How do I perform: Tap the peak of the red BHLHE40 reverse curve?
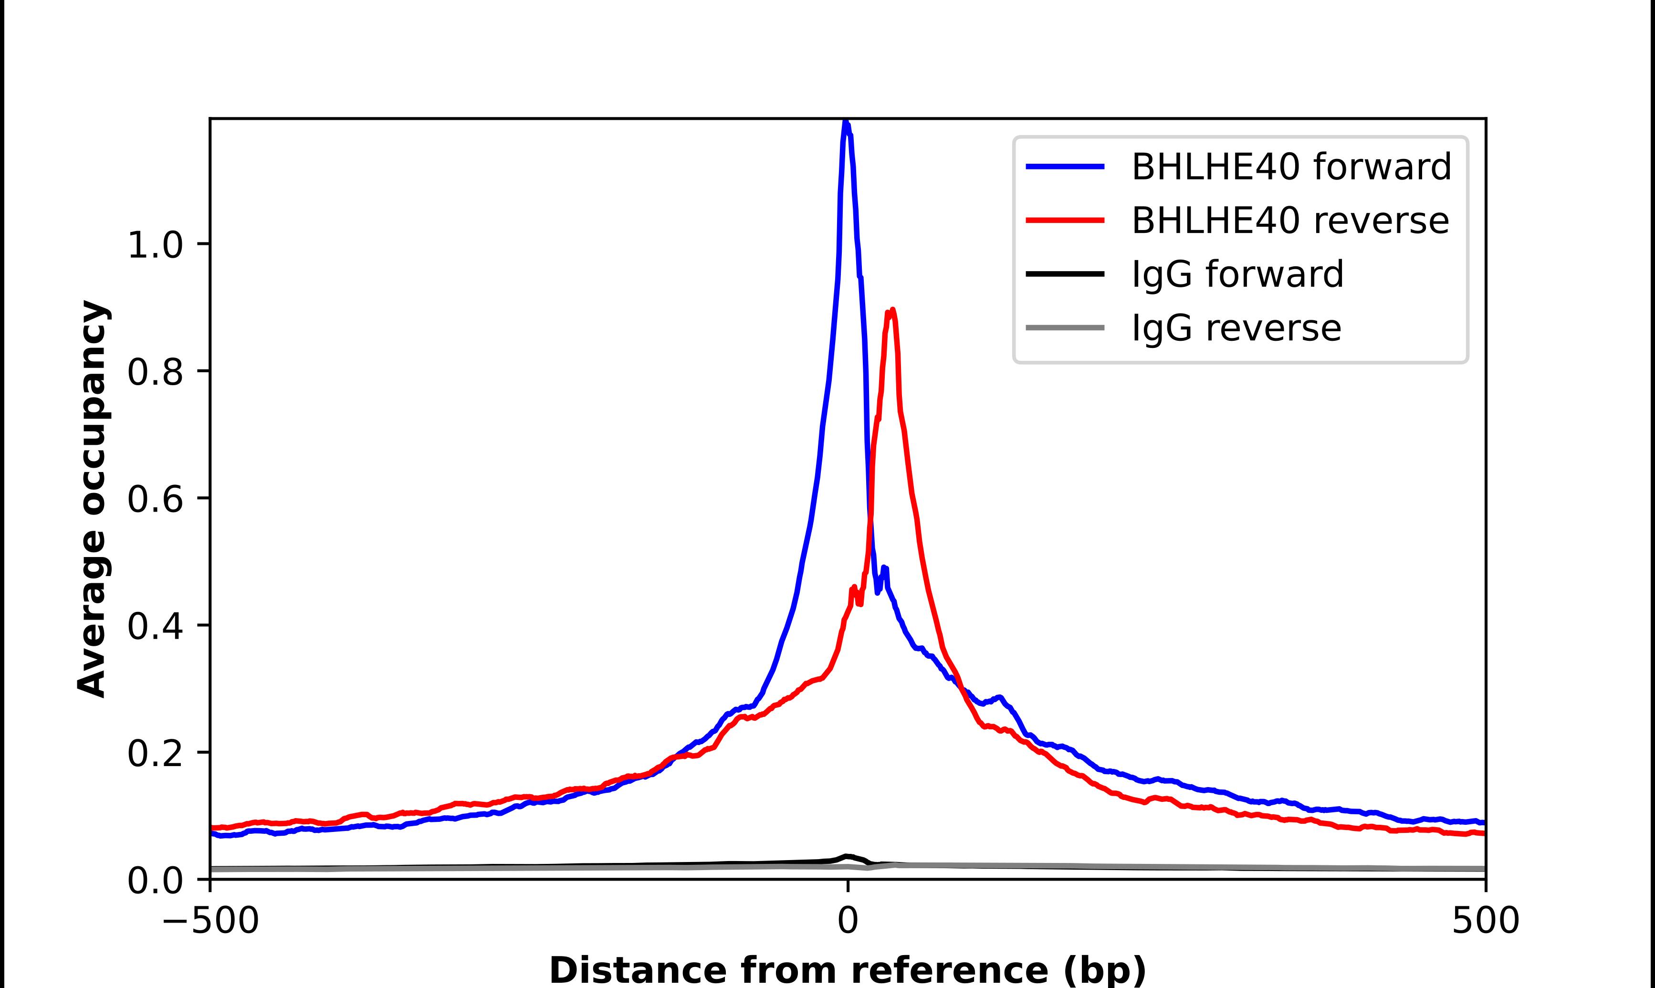pyautogui.click(x=892, y=311)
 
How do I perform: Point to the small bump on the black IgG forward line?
pyautogui.click(x=847, y=856)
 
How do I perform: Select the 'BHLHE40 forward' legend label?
pyautogui.click(x=1291, y=167)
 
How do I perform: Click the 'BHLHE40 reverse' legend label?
pyautogui.click(x=1289, y=221)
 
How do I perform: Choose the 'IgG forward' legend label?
pyautogui.click(x=1238, y=274)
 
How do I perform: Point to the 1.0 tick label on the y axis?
pyautogui.click(x=155, y=246)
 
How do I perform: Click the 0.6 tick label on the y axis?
pyautogui.click(x=155, y=500)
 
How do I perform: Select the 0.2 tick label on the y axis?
pyautogui.click(x=155, y=754)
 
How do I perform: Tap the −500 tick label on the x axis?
pyautogui.click(x=211, y=922)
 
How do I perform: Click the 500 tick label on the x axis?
pyautogui.click(x=1485, y=922)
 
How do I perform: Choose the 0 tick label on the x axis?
pyautogui.click(x=847, y=922)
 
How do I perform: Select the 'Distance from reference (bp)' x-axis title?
pyautogui.click(x=847, y=970)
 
